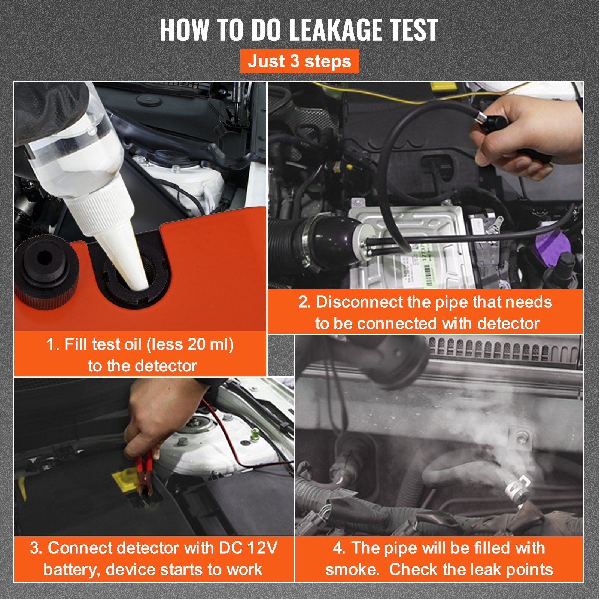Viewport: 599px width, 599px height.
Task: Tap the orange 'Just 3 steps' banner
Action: coord(299,61)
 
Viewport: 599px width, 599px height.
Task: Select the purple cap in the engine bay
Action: coord(553,246)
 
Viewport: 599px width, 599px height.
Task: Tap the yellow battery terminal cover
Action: coord(125,481)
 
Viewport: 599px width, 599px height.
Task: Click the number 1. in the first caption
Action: coord(53,344)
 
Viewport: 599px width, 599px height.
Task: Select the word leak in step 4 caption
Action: coord(487,569)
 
